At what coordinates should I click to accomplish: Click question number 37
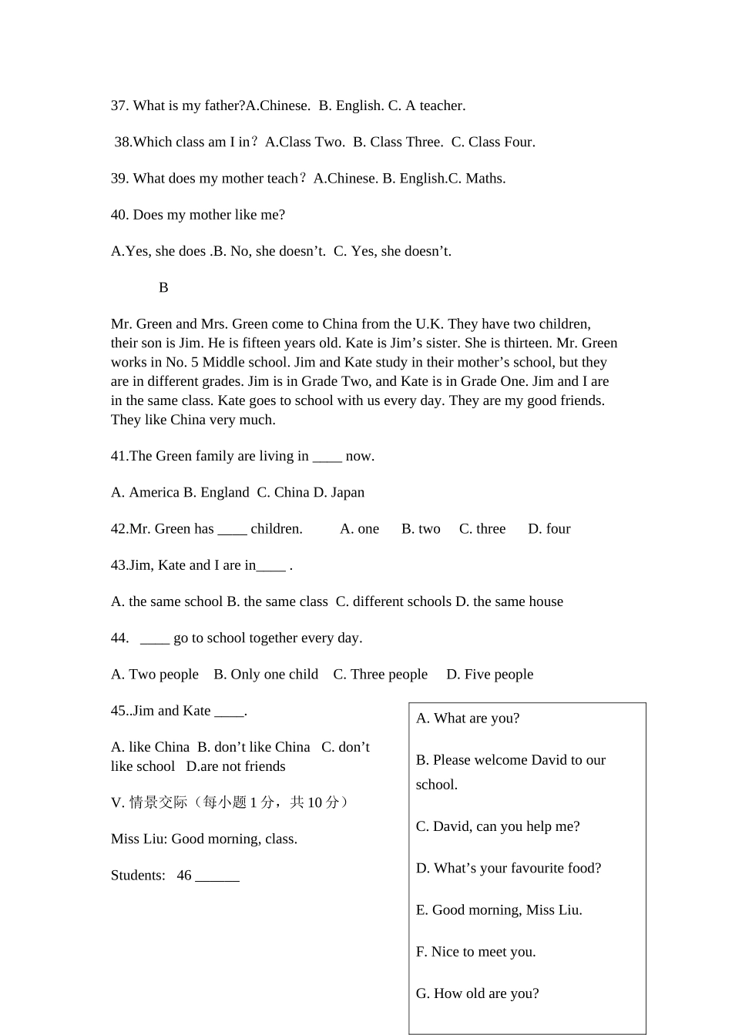pos(119,106)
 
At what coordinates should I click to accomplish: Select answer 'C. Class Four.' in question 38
pos(493,142)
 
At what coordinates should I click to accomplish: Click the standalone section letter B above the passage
pos(163,288)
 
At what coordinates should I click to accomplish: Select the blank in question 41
pos(327,457)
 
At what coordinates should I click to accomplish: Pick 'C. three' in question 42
pos(482,529)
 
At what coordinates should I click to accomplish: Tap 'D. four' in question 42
pos(549,529)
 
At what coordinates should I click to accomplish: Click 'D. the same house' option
pos(509,602)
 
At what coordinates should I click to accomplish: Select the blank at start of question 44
pos(155,638)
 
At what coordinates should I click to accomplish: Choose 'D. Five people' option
pos(490,675)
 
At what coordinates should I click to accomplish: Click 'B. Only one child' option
pos(266,675)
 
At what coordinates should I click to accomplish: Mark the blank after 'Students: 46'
pos(217,876)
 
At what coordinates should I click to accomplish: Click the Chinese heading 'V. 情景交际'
pos(149,803)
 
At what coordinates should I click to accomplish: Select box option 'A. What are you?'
pos(468,718)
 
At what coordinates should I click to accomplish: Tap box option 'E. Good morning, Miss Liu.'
pos(499,910)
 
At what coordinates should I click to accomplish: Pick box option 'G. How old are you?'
pos(478,993)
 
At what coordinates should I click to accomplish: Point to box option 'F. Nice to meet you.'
pos(476,952)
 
